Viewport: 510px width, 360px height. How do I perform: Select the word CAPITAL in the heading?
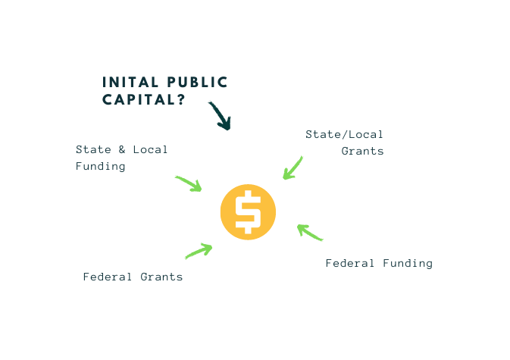139,99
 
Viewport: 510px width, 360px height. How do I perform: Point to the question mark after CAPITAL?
182,99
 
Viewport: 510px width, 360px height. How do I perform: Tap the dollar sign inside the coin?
247,213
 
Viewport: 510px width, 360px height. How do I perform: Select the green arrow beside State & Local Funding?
189,183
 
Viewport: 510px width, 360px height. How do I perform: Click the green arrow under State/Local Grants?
293,167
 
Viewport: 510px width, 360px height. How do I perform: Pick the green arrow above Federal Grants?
199,250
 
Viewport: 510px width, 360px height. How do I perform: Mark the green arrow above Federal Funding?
309,232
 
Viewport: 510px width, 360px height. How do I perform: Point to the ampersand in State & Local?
121,149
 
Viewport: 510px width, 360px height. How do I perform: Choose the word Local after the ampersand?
150,149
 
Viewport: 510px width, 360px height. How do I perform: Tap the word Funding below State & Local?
100,166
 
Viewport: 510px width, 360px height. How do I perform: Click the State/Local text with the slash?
345,134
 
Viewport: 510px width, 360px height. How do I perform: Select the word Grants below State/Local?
362,151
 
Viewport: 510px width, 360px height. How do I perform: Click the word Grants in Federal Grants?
161,277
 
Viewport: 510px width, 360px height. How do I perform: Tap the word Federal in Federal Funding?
350,263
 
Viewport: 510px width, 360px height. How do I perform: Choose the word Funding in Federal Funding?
407,263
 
